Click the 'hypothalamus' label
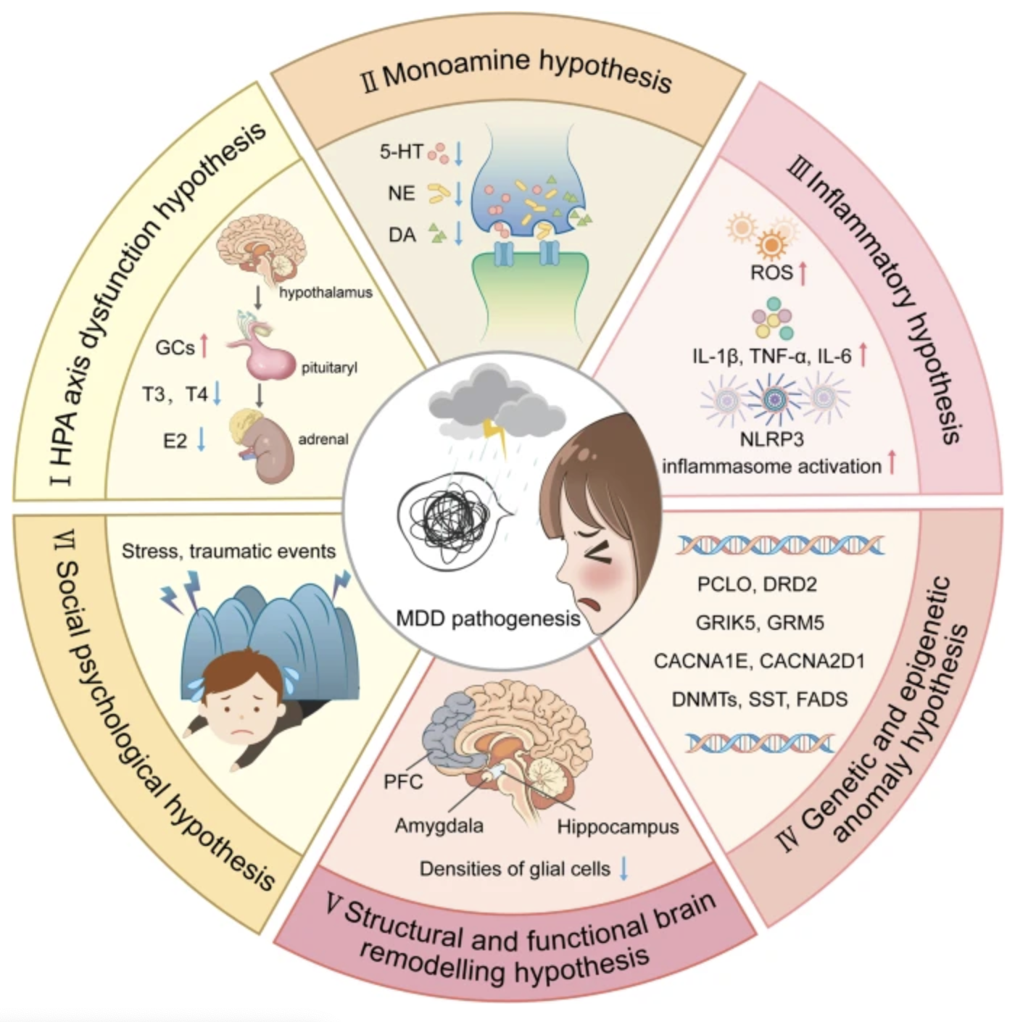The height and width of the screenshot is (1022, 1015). click(326, 293)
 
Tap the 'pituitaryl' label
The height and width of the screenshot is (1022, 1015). click(329, 368)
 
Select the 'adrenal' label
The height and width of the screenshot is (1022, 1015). click(323, 439)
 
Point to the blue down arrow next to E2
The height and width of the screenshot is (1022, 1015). click(202, 439)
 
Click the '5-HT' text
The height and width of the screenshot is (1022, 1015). click(401, 152)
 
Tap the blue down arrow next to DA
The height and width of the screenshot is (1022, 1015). click(458, 233)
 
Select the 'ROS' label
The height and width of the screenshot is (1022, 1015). click(771, 273)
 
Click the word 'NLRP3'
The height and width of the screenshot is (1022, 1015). click(771, 439)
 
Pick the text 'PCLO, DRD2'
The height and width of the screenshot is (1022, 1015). click(757, 584)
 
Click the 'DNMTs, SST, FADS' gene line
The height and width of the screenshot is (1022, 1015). click(759, 699)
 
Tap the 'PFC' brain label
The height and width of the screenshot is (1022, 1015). click(402, 783)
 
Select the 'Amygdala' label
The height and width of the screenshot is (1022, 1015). click(439, 826)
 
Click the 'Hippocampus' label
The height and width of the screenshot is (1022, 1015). click(618, 827)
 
